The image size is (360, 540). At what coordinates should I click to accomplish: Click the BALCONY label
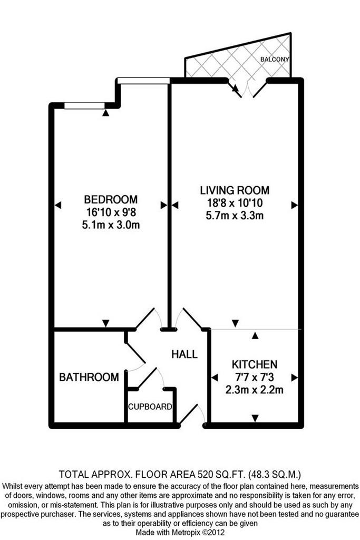[x=274, y=59]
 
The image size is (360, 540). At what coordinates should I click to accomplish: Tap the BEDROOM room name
[x=111, y=199]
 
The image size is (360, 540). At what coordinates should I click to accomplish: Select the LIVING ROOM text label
[x=235, y=190]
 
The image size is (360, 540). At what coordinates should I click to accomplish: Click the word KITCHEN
[x=255, y=364]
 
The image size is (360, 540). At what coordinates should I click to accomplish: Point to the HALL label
[x=184, y=354]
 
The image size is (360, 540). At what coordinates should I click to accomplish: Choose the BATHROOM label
[x=89, y=377]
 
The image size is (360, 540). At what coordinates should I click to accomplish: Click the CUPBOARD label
[x=150, y=407]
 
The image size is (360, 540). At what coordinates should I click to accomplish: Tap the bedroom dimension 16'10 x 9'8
[x=111, y=212]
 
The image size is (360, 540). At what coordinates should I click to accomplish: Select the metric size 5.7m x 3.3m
[x=235, y=216]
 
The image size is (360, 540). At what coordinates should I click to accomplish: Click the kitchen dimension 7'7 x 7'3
[x=255, y=377]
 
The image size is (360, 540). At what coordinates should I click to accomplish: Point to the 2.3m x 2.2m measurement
[x=255, y=390]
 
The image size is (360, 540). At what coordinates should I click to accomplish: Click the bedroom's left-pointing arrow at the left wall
[x=58, y=205]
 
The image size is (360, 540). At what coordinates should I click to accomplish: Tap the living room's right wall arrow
[x=294, y=205]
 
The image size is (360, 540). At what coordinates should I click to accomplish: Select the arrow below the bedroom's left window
[x=105, y=113]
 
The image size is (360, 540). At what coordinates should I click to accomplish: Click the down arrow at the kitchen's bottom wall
[x=255, y=418]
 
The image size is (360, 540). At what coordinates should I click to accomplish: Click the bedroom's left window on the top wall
[x=84, y=105]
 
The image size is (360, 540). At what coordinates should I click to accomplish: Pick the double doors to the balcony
[x=247, y=89]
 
